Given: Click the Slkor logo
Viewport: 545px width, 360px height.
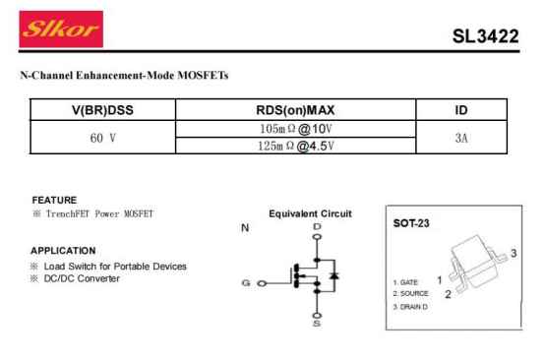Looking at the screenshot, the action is click(x=61, y=29).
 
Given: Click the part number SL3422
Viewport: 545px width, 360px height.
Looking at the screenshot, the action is click(x=486, y=36).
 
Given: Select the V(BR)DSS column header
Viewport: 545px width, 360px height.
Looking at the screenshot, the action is click(x=102, y=110).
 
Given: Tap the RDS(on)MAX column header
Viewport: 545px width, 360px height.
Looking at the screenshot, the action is click(x=295, y=110).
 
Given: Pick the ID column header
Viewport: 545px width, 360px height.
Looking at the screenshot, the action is click(x=461, y=110).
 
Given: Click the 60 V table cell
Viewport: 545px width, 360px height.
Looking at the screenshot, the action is click(x=103, y=138).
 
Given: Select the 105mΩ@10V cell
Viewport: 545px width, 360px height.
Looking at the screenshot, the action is click(x=296, y=129).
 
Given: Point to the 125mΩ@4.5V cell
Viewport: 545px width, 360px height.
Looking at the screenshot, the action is click(x=296, y=146).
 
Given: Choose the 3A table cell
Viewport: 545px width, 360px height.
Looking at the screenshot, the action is click(x=461, y=138).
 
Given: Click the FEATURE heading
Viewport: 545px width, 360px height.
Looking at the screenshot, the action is click(x=54, y=200).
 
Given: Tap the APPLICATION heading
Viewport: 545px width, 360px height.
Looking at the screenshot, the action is click(x=63, y=251).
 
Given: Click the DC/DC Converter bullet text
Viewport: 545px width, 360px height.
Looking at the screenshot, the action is click(x=82, y=278).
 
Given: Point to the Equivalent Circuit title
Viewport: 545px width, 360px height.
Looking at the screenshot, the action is click(x=310, y=213).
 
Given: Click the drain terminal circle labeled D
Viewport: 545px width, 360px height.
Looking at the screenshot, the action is click(x=317, y=237).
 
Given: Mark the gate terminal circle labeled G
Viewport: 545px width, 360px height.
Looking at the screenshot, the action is click(x=262, y=283).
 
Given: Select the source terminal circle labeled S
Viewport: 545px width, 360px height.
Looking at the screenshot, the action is click(x=317, y=316).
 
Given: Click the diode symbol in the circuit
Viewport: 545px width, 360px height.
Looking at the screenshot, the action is click(x=334, y=275).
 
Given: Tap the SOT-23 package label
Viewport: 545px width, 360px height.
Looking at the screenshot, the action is click(x=411, y=223).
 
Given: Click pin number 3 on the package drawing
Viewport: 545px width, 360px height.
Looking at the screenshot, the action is click(x=514, y=253).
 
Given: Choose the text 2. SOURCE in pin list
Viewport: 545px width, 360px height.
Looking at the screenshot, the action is click(x=411, y=294).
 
